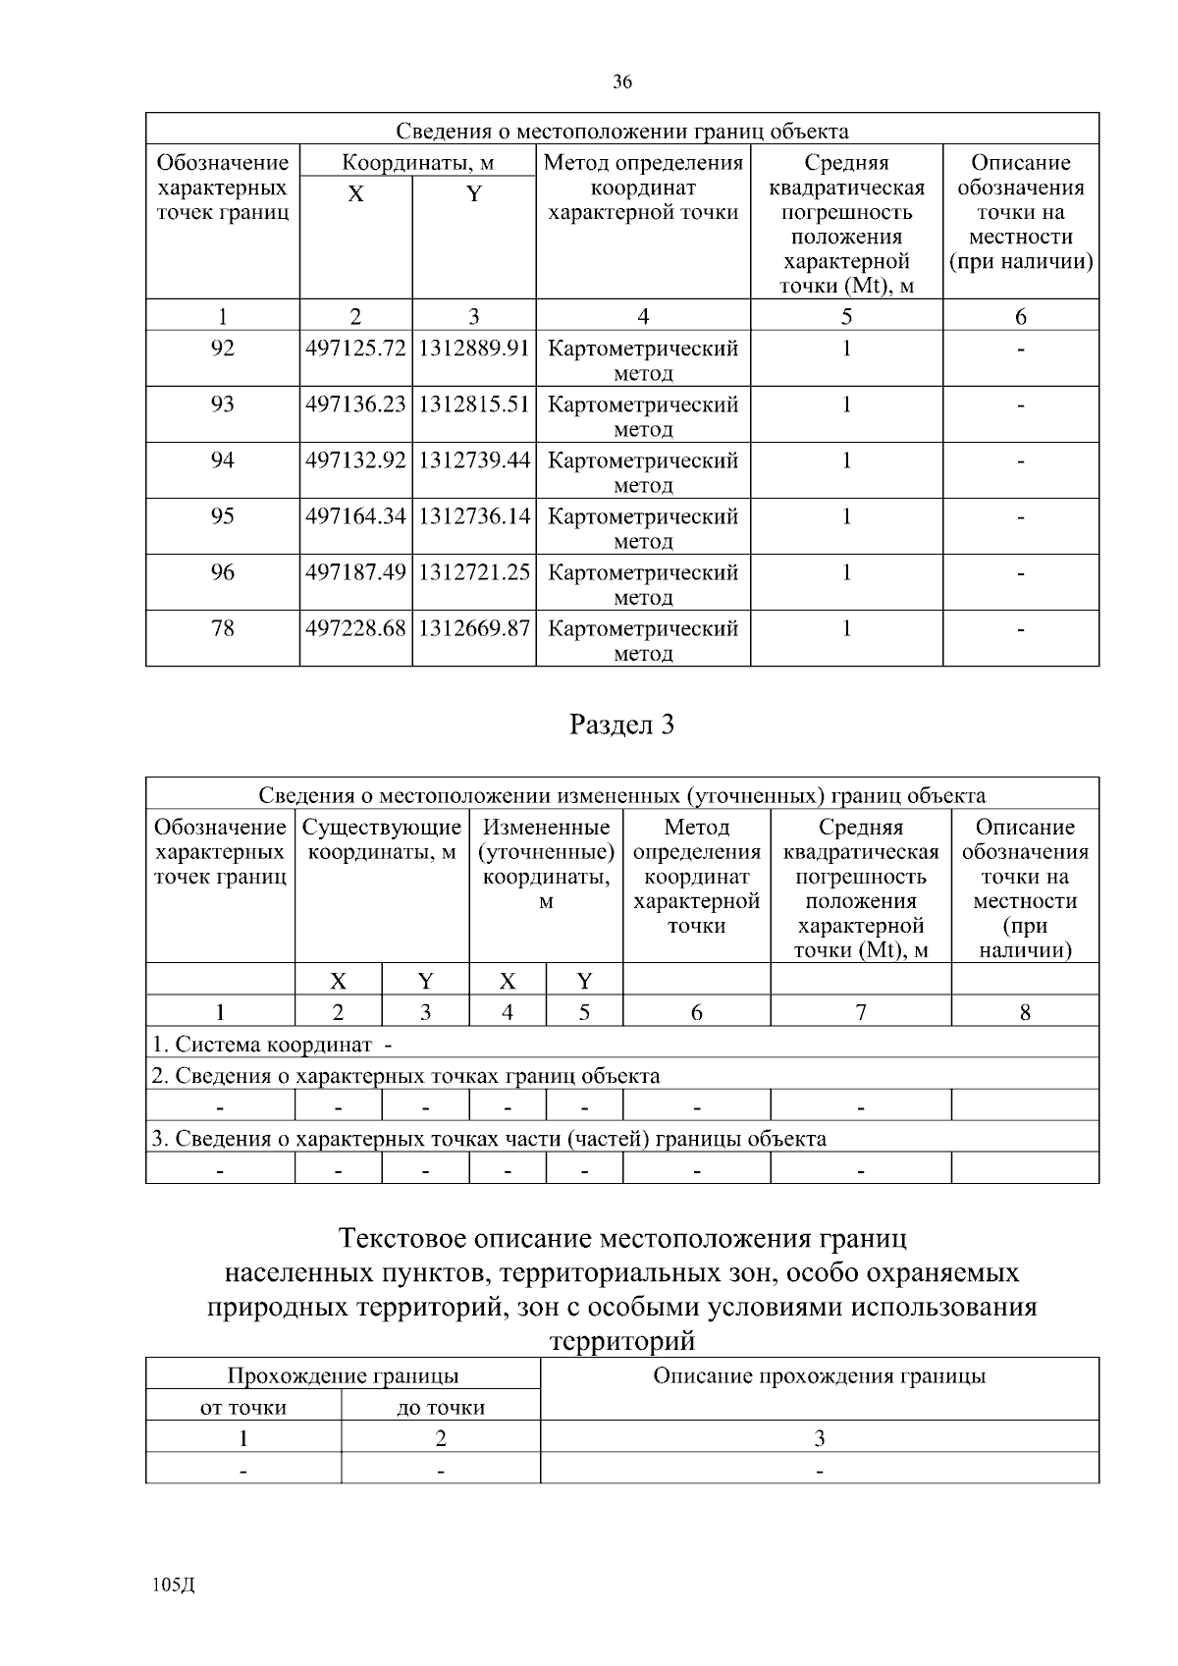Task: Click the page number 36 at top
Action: tap(622, 82)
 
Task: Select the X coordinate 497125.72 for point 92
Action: tap(355, 349)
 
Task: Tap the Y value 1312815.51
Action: tap(474, 404)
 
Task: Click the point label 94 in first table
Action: tap(223, 460)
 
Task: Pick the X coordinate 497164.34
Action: tap(355, 516)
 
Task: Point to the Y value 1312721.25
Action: tap(474, 572)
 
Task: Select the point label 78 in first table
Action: tap(223, 628)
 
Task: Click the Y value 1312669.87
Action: tap(474, 628)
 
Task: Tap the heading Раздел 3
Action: tap(622, 726)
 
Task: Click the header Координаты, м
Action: tap(417, 163)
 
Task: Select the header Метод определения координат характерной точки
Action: tap(643, 188)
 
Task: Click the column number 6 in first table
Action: tap(1021, 316)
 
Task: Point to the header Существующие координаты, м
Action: tap(382, 840)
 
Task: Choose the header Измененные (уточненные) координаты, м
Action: tap(546, 864)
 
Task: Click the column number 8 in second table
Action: tap(1025, 1012)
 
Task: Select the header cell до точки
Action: tap(441, 1408)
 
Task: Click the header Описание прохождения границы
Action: tap(820, 1376)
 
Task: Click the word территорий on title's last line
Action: tap(622, 1341)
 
